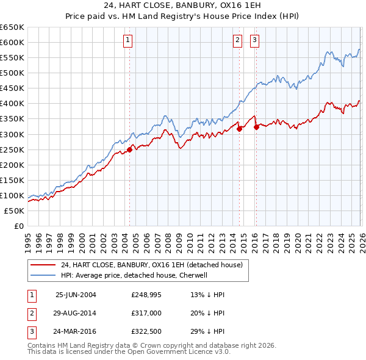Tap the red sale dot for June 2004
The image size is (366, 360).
(129, 150)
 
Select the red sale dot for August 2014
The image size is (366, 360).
(239, 128)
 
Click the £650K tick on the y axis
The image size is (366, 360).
(12, 27)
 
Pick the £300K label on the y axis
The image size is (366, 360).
(12, 134)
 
